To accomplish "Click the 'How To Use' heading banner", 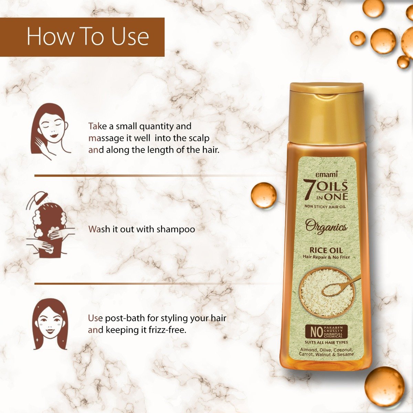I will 88,37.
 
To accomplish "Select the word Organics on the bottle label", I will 326,228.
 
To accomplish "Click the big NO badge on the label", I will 314,332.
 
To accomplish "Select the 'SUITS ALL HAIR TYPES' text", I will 326,342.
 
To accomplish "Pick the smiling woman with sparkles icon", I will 50,324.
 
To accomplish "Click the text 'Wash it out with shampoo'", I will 141,229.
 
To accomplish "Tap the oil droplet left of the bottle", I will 264,195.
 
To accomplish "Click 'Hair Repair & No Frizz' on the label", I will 326,257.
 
